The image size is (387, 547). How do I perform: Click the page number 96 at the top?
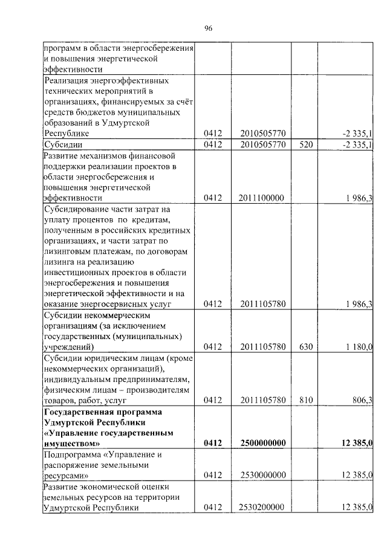208,29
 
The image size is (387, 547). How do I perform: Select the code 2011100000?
262,198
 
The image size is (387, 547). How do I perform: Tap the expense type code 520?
307,144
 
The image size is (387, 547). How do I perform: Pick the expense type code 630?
307,347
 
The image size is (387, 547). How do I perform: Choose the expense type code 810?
307,400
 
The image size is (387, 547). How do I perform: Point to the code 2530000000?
262,475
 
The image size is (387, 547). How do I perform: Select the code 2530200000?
262,508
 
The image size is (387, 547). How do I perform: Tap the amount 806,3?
361,400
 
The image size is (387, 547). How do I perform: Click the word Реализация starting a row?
68,80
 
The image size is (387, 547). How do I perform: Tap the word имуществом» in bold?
71,444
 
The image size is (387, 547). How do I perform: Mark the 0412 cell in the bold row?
213,444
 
